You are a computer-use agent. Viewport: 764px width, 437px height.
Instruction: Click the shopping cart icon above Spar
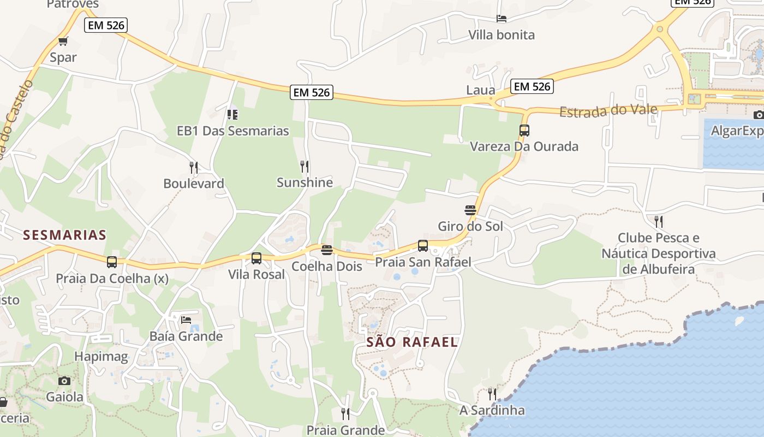point(63,41)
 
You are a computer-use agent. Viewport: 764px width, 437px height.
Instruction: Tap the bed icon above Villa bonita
point(502,19)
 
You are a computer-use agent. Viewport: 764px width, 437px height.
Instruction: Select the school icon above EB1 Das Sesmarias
point(232,114)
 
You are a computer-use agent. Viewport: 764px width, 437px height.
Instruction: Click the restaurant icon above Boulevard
point(194,167)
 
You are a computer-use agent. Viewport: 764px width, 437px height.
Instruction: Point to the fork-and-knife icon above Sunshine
point(305,166)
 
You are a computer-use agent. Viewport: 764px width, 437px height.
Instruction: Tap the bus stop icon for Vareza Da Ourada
point(524,130)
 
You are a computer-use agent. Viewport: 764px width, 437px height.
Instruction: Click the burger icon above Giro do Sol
point(470,210)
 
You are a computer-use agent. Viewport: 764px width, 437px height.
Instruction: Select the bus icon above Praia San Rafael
point(423,246)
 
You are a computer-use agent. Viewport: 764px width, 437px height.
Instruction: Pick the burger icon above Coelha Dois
point(327,250)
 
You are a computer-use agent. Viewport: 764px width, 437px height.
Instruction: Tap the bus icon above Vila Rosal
point(256,258)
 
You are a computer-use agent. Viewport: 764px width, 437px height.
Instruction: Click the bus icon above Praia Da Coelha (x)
point(112,262)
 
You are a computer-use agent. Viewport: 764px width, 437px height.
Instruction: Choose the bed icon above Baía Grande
point(186,320)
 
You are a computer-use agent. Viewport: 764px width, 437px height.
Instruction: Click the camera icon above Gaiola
point(64,381)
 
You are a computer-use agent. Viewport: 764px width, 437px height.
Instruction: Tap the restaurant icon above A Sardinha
point(492,394)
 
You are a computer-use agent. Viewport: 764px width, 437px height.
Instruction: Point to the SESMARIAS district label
point(64,235)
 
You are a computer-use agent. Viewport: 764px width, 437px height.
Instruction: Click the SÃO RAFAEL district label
point(412,342)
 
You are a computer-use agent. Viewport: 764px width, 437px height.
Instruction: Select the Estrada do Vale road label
point(608,111)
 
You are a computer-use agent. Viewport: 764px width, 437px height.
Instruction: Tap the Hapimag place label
point(101,357)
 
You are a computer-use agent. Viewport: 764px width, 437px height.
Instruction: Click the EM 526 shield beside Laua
point(532,86)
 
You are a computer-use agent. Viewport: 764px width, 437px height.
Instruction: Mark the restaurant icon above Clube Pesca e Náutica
point(659,221)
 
